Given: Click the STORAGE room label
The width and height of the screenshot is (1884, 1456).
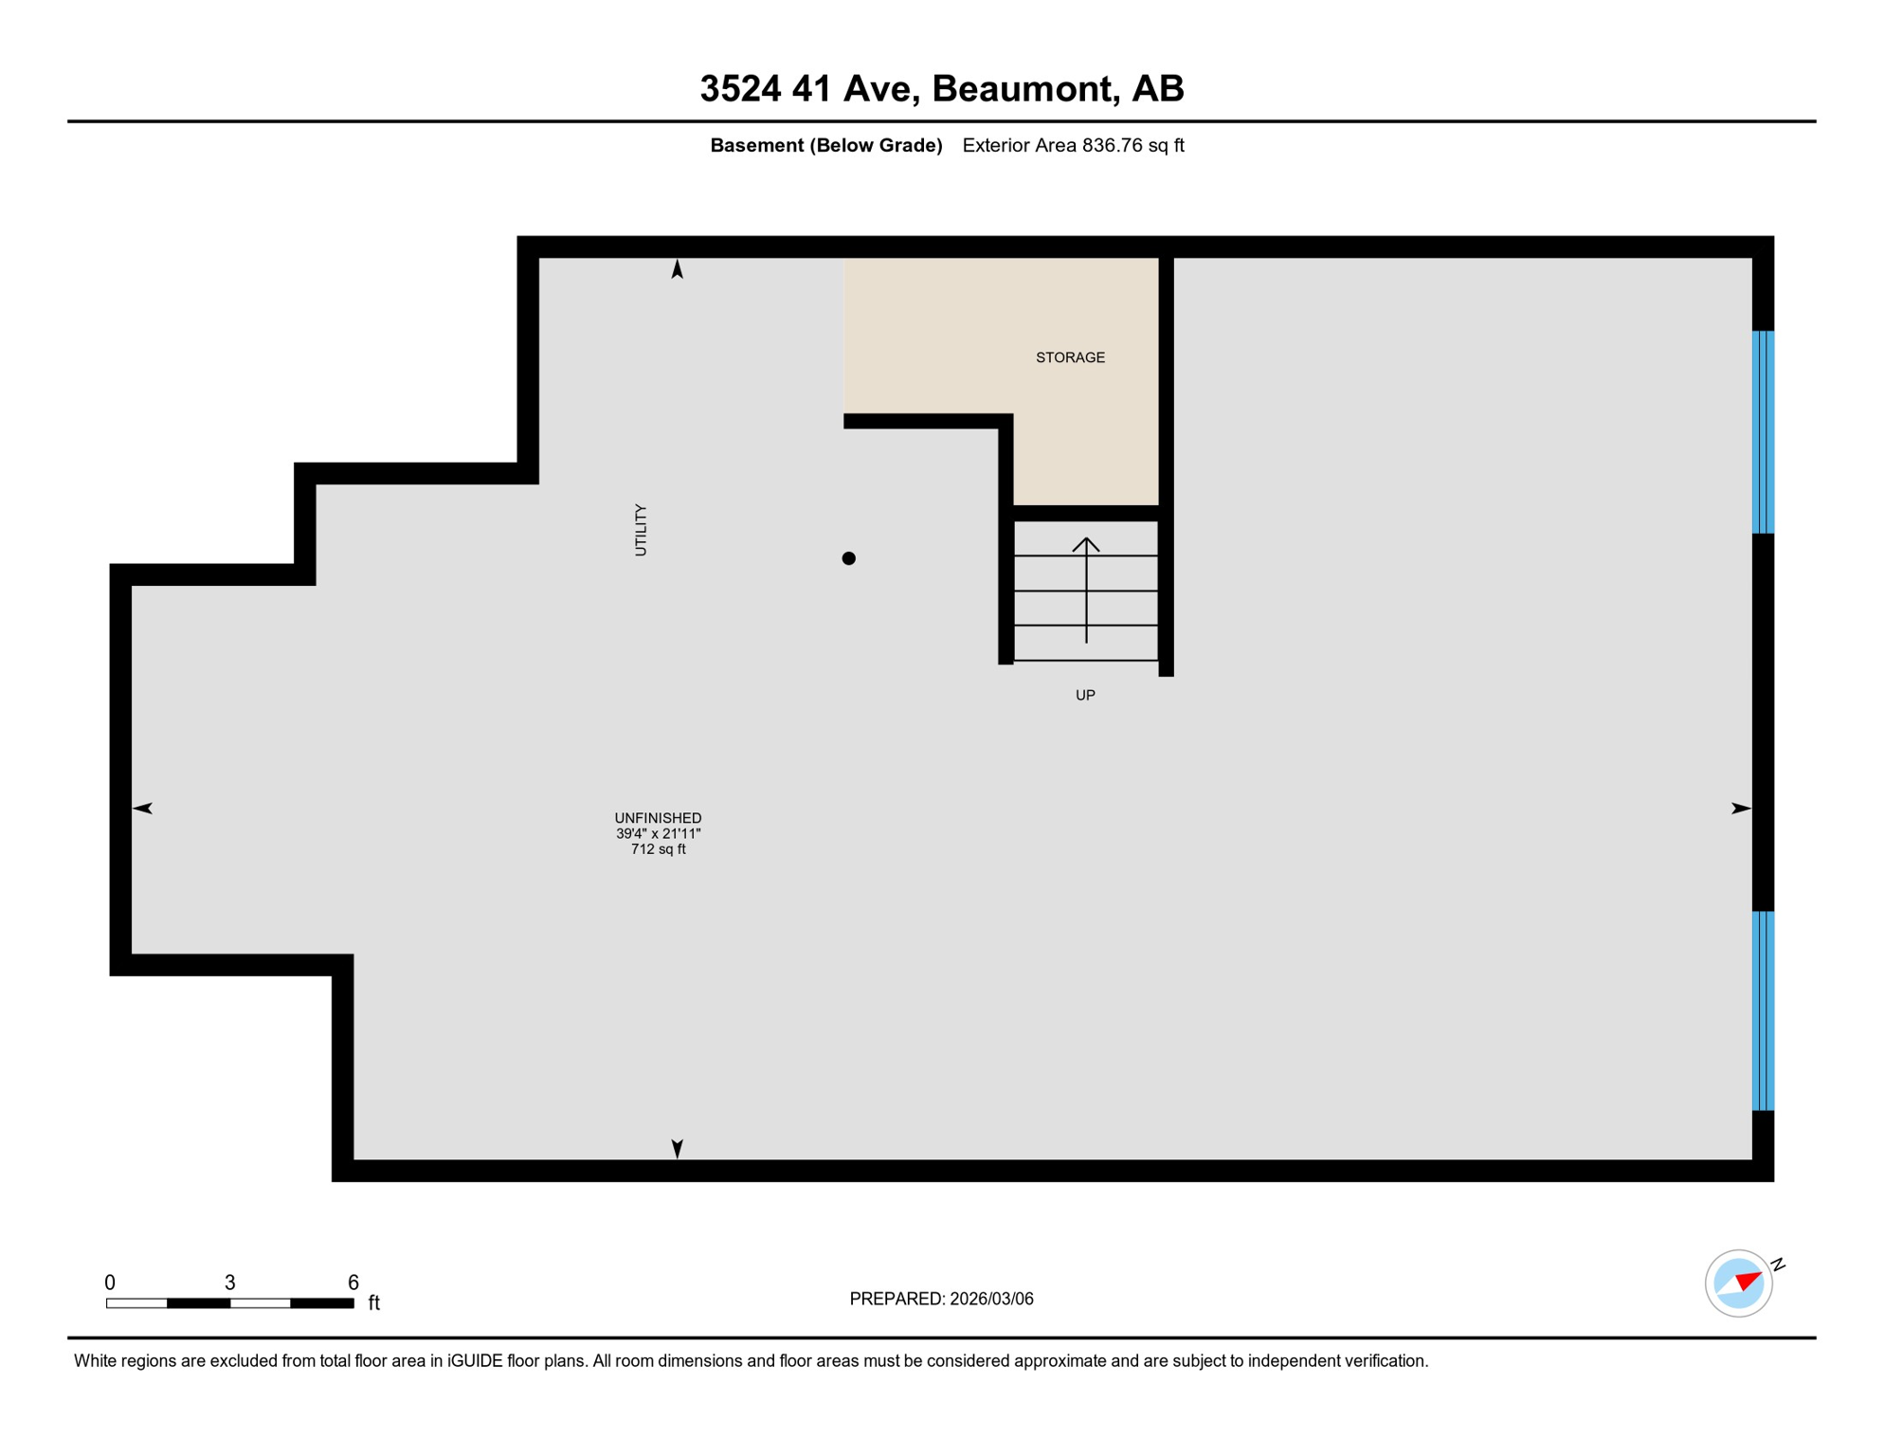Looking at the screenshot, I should (1070, 357).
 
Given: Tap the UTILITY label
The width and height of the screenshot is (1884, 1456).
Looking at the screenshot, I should (641, 530).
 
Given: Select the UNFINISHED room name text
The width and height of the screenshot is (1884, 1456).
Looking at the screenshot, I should (658, 818).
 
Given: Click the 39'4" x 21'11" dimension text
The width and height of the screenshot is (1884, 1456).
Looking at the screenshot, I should (658, 834).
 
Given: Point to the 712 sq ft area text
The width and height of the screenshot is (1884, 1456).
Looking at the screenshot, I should (658, 849).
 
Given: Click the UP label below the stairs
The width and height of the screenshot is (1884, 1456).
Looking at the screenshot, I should (1085, 695).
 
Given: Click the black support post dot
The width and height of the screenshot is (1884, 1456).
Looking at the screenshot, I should (849, 558).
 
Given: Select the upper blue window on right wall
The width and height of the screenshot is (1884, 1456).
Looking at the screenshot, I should (1763, 432).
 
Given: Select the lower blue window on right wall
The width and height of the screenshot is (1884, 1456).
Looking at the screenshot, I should (1763, 1010).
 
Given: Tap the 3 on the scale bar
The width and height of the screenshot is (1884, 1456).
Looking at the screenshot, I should (229, 1283).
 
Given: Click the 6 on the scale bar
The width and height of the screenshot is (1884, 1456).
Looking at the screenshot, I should (353, 1283).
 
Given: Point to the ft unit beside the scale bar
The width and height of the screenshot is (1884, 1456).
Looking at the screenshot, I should (374, 1303).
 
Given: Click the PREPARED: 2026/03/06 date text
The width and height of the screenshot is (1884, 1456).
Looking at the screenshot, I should (941, 1299).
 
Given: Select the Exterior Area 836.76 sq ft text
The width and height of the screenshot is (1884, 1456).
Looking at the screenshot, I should (1073, 145).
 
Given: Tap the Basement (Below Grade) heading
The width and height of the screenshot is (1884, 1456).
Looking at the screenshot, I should (826, 145).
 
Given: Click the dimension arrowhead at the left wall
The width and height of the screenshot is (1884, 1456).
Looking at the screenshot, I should (143, 808).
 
